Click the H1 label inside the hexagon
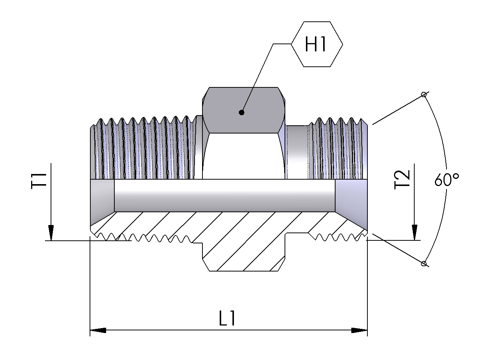click(316, 45)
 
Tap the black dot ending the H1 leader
click(241, 112)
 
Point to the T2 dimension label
click(403, 180)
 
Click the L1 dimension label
click(227, 319)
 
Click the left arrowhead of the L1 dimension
click(98, 330)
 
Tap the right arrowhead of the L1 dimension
click(359, 330)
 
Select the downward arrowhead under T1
click(51, 232)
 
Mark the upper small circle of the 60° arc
click(424, 94)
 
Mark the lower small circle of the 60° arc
click(424, 264)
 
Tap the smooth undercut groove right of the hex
click(297, 152)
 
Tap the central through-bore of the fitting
click(225, 195)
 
